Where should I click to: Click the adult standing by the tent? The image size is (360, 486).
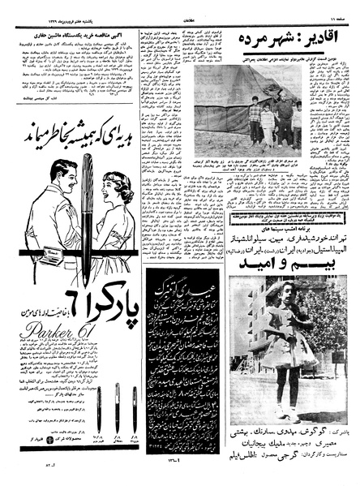[283, 118]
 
